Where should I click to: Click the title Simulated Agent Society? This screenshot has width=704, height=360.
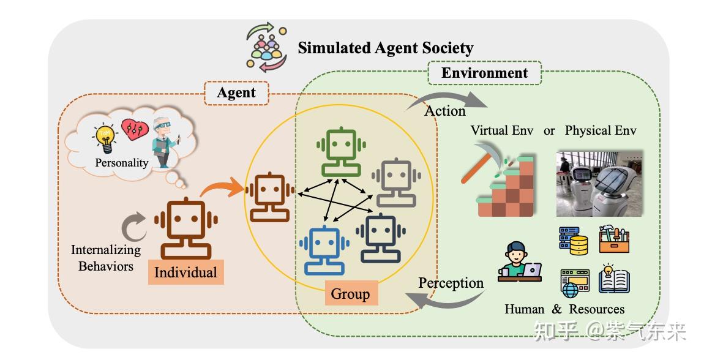pyautogui.click(x=385, y=48)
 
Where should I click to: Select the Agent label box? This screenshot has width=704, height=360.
pyautogui.click(x=236, y=93)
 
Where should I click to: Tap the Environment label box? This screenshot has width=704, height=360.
pyautogui.click(x=484, y=73)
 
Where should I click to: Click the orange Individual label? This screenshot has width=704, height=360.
pyautogui.click(x=185, y=272)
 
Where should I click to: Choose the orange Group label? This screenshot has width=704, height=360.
pyautogui.click(x=350, y=294)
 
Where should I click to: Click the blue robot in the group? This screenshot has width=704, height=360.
pyautogui.click(x=323, y=249)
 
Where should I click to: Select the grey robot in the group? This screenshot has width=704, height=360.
pyautogui.click(x=396, y=182)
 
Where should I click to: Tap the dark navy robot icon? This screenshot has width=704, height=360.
pyautogui.click(x=380, y=238)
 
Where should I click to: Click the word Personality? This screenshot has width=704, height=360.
pyautogui.click(x=121, y=163)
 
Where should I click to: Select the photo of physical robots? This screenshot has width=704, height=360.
pyautogui.click(x=599, y=183)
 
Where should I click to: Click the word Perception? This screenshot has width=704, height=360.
pyautogui.click(x=451, y=283)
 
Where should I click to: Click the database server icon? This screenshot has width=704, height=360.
pyautogui.click(x=574, y=240)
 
